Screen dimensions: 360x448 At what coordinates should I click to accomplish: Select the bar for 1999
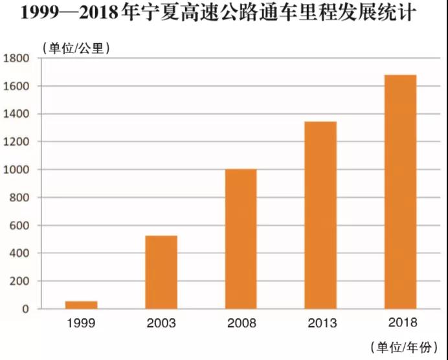(81, 305)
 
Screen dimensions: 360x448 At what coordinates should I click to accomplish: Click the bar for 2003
(161, 272)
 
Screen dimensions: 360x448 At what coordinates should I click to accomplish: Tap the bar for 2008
(241, 239)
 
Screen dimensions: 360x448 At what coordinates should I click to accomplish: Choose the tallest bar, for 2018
(400, 192)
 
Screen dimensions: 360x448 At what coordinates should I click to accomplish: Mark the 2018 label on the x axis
(400, 322)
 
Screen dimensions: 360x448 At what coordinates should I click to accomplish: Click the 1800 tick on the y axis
(17, 58)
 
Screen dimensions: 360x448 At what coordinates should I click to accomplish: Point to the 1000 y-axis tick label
(17, 170)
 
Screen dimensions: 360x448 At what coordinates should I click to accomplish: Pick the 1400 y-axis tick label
(17, 114)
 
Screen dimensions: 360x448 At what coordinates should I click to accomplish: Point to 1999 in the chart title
(41, 14)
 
